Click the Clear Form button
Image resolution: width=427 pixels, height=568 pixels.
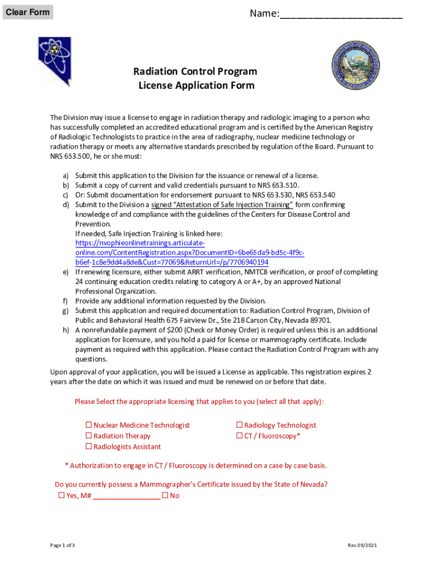point(28,12)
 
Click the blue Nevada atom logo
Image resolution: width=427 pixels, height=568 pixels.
point(55,60)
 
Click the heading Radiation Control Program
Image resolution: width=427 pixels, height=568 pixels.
point(195,72)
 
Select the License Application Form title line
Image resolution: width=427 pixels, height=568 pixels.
point(196,85)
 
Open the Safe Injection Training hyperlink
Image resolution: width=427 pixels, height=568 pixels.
point(172,253)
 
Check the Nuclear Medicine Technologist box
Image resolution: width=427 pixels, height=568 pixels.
point(89,425)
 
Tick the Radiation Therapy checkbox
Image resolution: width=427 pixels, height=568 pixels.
point(89,436)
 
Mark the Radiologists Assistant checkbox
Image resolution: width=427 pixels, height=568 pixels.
point(89,447)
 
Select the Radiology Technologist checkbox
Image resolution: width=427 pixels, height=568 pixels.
point(240,425)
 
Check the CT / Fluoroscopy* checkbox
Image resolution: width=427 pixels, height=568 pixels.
point(240,436)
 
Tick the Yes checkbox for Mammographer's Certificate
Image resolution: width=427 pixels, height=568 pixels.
point(62,495)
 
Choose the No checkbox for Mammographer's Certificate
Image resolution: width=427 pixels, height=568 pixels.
point(165,495)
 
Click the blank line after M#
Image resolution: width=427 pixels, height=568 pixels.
point(126,496)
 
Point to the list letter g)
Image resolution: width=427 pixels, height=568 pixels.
point(65,311)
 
